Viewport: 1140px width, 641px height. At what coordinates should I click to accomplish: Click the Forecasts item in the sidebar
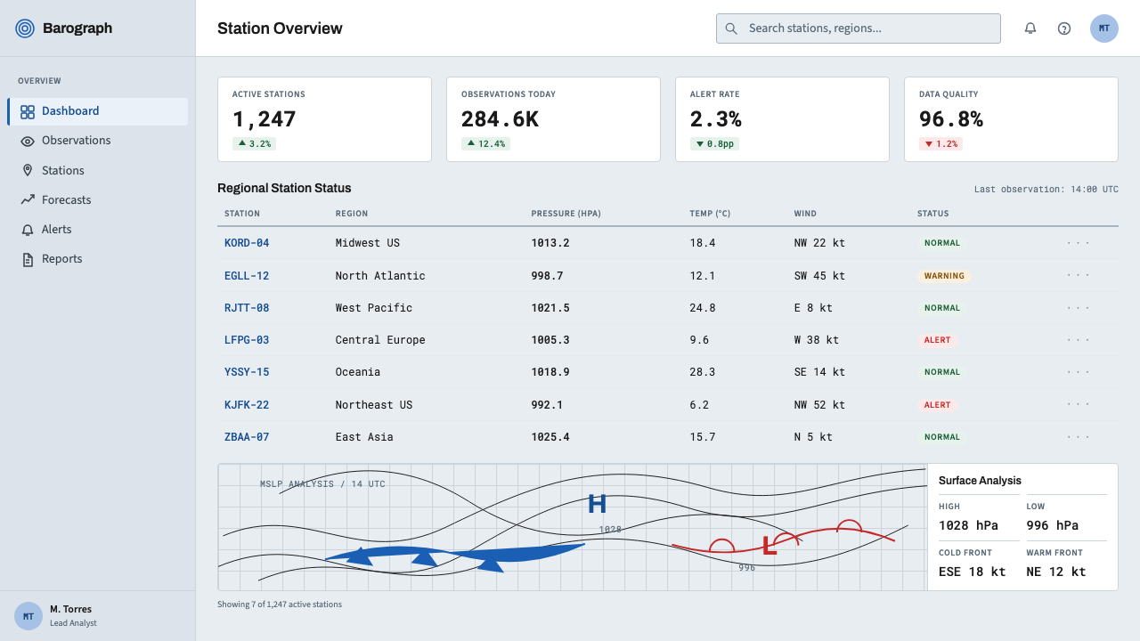[56, 200]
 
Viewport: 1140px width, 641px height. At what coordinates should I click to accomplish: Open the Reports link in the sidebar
[52, 259]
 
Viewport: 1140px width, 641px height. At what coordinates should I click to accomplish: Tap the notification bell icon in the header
[1030, 28]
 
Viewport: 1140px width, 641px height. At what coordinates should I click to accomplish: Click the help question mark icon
[1064, 28]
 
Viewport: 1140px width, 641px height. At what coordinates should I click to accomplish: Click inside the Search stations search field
[858, 28]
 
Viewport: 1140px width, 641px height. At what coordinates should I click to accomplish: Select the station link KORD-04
[247, 243]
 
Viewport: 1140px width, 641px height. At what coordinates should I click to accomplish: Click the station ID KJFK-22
[247, 405]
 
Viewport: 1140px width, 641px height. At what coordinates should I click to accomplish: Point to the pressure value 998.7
[547, 276]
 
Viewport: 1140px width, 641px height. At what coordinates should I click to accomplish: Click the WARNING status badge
[944, 276]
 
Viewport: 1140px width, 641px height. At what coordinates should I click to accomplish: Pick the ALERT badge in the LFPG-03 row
[938, 340]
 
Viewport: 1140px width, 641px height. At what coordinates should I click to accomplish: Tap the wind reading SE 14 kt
[819, 372]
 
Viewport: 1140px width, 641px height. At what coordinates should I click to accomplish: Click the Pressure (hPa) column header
[566, 214]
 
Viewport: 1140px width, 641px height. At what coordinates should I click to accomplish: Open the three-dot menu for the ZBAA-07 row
[1078, 437]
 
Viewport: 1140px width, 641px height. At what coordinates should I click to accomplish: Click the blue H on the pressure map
[597, 504]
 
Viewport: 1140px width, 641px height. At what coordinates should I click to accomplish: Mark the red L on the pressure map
[769, 546]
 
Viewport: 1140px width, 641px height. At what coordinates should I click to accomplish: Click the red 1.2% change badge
[940, 144]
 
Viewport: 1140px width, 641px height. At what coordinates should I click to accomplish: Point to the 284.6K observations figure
[500, 119]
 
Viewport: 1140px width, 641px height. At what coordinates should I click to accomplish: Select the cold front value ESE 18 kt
[972, 572]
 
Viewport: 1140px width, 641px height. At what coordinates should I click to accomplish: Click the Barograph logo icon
[25, 28]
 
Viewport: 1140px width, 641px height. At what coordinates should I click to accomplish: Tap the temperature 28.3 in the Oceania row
[703, 372]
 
